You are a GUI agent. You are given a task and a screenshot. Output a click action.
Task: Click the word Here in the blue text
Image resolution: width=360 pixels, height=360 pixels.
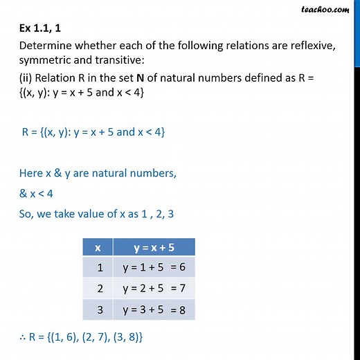(x=33, y=174)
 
